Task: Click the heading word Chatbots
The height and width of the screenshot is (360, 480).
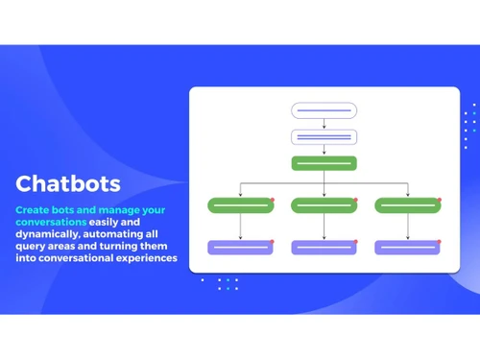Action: [67, 183]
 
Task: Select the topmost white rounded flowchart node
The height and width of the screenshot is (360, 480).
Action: [324, 110]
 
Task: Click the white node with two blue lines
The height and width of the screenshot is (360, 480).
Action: [324, 137]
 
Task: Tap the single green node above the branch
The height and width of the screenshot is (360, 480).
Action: [324, 163]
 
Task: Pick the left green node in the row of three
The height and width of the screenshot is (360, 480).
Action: [241, 204]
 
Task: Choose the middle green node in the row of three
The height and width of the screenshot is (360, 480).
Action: [324, 204]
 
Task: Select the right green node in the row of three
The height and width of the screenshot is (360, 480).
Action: [407, 204]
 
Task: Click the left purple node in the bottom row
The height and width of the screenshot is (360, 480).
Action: [241, 247]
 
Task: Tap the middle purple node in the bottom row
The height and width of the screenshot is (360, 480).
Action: [324, 247]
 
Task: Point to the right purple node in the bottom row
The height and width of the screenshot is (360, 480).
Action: [407, 247]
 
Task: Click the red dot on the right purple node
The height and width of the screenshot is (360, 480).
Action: [439, 241]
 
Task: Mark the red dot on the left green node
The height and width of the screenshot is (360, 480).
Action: [273, 199]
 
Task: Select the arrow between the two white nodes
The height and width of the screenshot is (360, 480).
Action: [324, 124]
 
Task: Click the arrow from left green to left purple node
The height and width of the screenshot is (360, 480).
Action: [241, 226]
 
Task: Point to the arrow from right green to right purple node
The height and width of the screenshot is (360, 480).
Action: [407, 226]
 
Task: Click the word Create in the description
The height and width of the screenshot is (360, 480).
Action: [32, 209]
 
